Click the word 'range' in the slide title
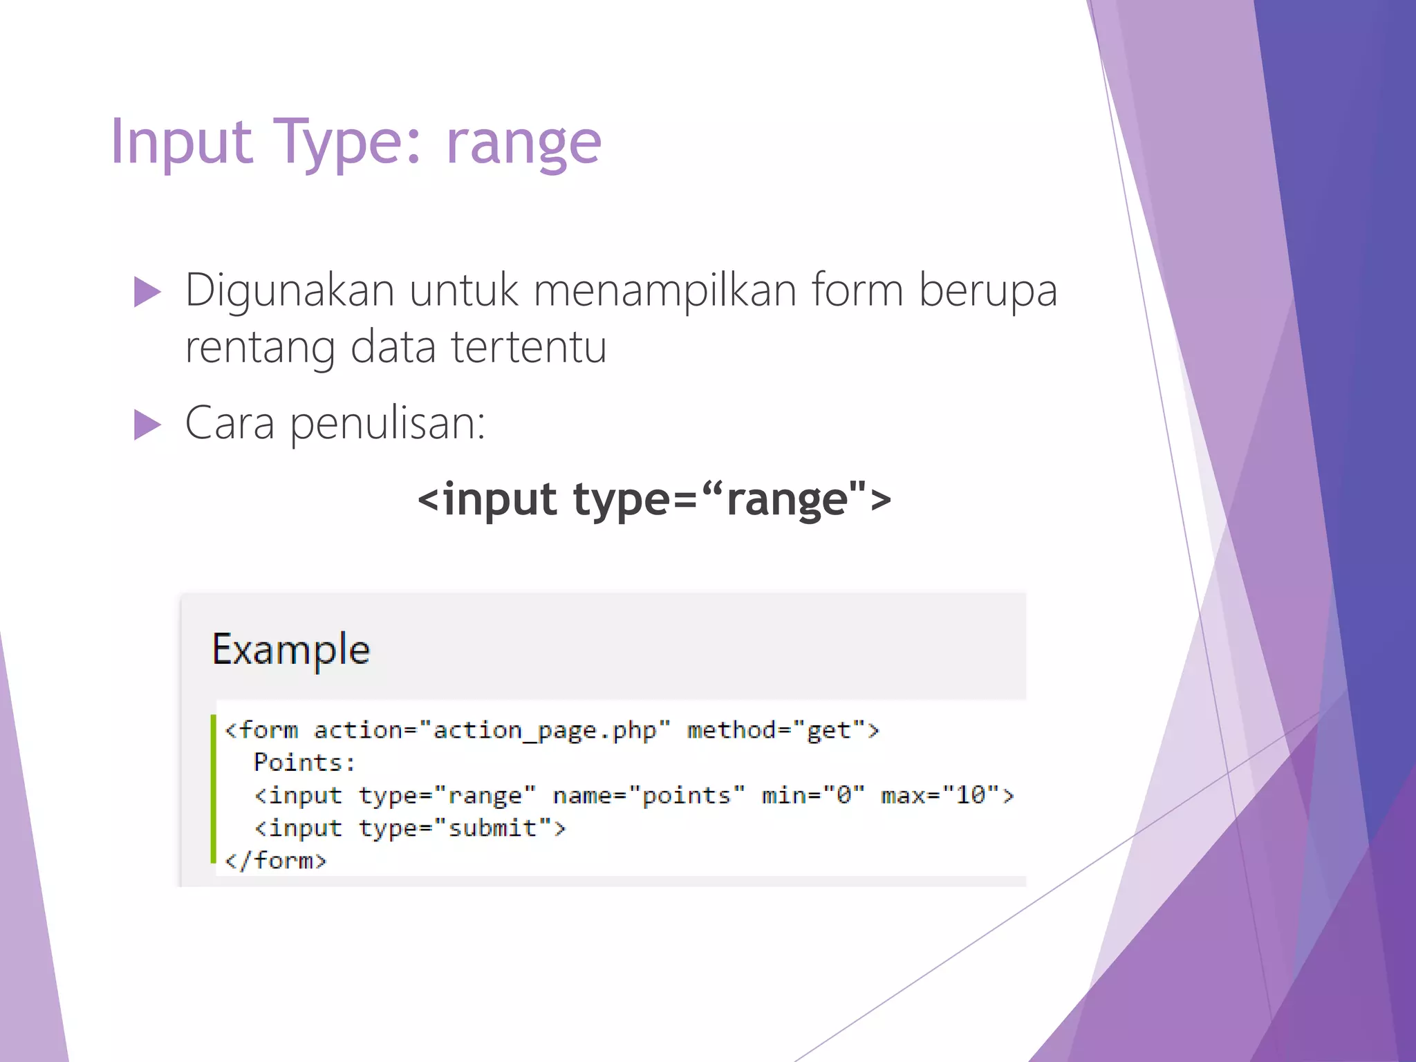click(x=523, y=144)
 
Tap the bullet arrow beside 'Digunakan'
click(x=147, y=292)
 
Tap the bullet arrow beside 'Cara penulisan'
click(x=147, y=424)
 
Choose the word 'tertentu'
click(x=529, y=347)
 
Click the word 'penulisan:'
click(x=387, y=424)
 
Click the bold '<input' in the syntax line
click(x=487, y=499)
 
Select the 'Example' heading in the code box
click(x=290, y=649)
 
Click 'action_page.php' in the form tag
click(x=545, y=730)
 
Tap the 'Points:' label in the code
click(x=304, y=763)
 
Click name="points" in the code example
click(x=649, y=795)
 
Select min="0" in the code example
click(x=812, y=795)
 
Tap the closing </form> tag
click(x=275, y=860)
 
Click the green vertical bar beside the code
click(x=213, y=788)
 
